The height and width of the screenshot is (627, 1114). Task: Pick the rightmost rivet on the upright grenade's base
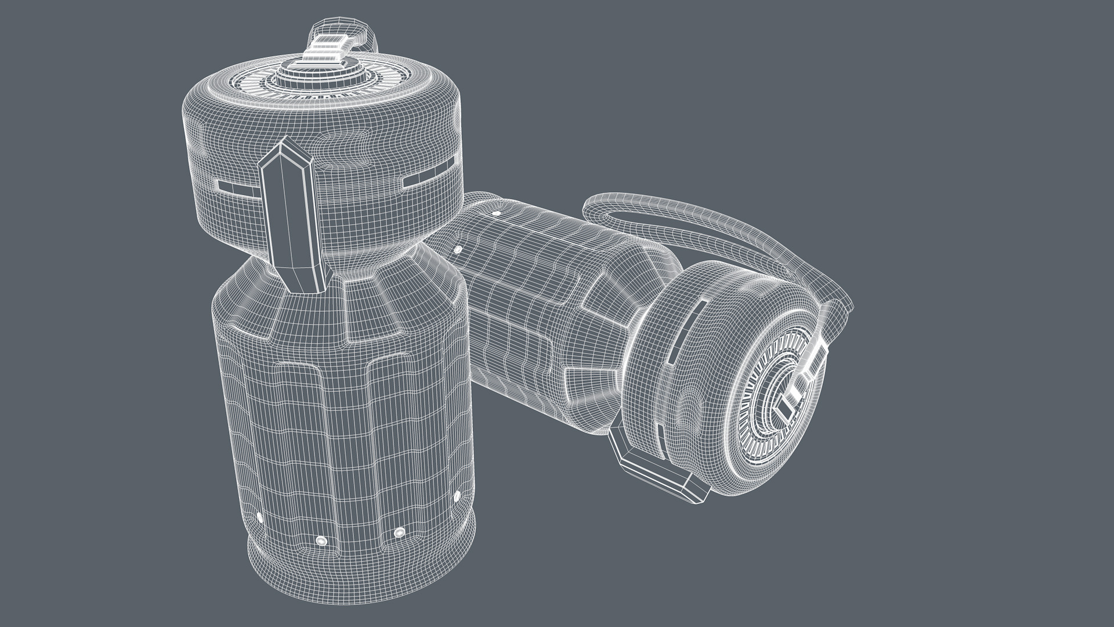[456, 495]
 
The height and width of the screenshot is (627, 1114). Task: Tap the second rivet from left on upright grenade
[320, 541]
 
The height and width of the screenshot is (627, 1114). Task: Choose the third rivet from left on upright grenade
[399, 532]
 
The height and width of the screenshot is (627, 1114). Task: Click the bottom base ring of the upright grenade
[360, 572]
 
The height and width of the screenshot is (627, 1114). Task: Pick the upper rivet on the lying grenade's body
[495, 214]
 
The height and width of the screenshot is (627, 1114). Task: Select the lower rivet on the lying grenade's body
[458, 250]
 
